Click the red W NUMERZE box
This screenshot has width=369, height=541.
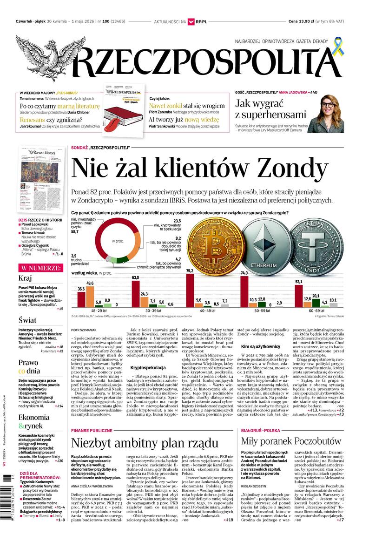pos(40,268)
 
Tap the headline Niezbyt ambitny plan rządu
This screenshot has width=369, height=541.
pos(145,443)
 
